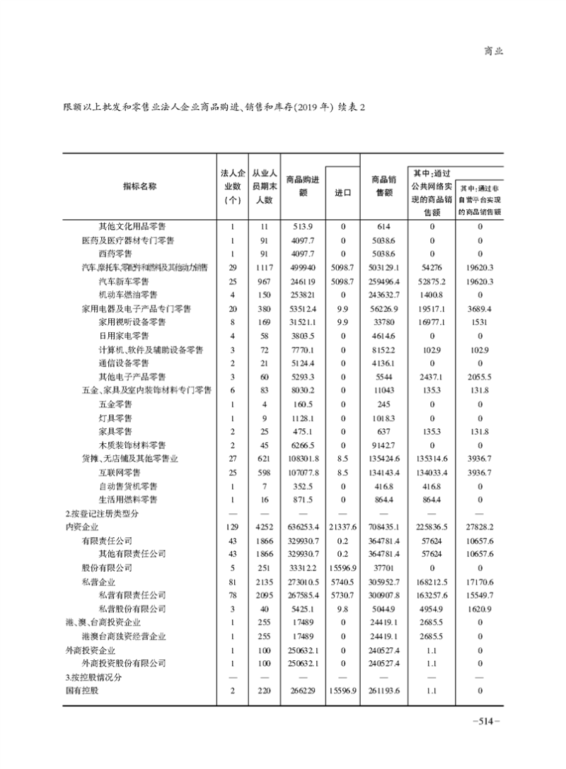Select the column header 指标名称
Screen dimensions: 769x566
(139, 186)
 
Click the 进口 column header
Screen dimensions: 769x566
(342, 192)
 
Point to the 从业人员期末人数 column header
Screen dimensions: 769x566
(263, 186)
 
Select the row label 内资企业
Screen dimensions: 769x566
(79, 526)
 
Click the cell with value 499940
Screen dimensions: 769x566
(302, 268)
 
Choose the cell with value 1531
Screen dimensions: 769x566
(480, 322)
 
